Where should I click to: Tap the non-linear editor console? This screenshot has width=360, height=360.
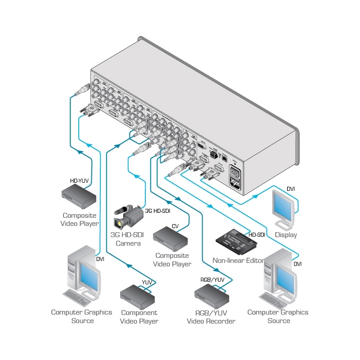(236, 243)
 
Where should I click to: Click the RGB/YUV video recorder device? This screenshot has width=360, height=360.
(211, 295)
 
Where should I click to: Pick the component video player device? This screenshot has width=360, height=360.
(138, 295)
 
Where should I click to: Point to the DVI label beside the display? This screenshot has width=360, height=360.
(291, 189)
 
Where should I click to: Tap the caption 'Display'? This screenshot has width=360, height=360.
(286, 235)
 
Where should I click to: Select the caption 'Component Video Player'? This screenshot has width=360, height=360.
(139, 317)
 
